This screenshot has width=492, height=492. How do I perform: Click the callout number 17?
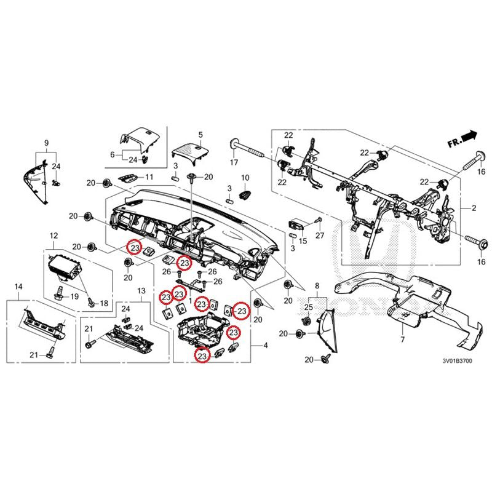pos(234,163)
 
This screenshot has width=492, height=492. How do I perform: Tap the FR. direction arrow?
pos(463,138)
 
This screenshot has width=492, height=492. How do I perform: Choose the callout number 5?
pos(200,134)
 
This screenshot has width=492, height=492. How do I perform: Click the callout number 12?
pos(53,236)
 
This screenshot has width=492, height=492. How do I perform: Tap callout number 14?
pos(18,287)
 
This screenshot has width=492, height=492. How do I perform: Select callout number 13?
pos(140,290)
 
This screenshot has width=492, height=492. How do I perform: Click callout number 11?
pos(148,177)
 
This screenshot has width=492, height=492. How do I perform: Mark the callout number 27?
pos(319,236)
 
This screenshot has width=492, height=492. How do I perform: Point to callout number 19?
pos(74,296)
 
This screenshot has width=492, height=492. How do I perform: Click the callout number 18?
pos(103,303)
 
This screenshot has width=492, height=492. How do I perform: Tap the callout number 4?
pos(266,347)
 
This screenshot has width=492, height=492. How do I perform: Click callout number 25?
pos(309,306)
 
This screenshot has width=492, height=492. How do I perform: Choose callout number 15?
pos(303,234)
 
